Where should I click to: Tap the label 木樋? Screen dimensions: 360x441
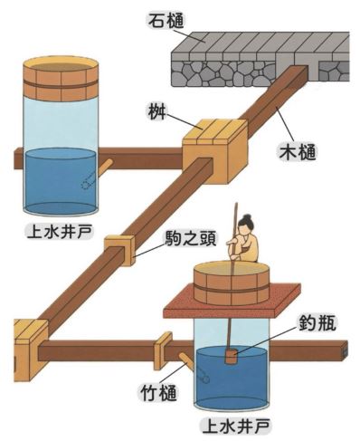click(x=298, y=153)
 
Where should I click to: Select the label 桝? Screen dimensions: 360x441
click(x=156, y=113)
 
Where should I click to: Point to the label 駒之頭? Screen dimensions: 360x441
click(x=191, y=239)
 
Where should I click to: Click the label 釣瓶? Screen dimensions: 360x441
click(x=317, y=326)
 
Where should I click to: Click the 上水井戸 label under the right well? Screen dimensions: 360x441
click(x=236, y=427)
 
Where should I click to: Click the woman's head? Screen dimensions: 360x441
click(x=245, y=224)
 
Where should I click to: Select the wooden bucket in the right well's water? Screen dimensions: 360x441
click(x=232, y=357)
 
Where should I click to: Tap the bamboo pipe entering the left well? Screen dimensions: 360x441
click(x=105, y=167)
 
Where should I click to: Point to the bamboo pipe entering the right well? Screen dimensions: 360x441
click(x=187, y=360)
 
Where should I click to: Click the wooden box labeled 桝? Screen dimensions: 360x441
click(x=214, y=151)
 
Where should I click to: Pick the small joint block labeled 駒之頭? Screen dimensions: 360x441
click(x=119, y=250)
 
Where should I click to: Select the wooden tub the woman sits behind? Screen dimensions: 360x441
click(x=231, y=283)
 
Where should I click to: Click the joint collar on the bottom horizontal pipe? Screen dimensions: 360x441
click(x=163, y=350)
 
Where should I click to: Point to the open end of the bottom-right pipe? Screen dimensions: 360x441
click(x=346, y=350)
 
